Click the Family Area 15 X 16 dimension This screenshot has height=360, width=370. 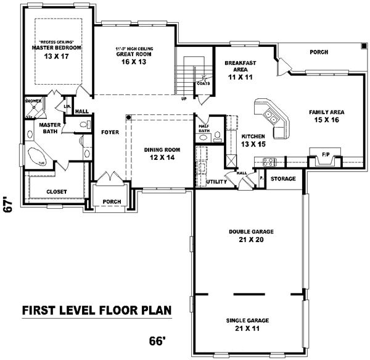(327, 120)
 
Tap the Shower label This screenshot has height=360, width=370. (33, 100)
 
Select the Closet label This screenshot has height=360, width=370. (56, 191)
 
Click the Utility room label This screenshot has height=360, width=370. (216, 182)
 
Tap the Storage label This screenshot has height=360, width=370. (283, 179)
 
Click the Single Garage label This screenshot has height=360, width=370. (251, 320)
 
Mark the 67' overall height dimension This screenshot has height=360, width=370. (8, 206)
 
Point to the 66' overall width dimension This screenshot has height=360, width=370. (158, 341)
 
